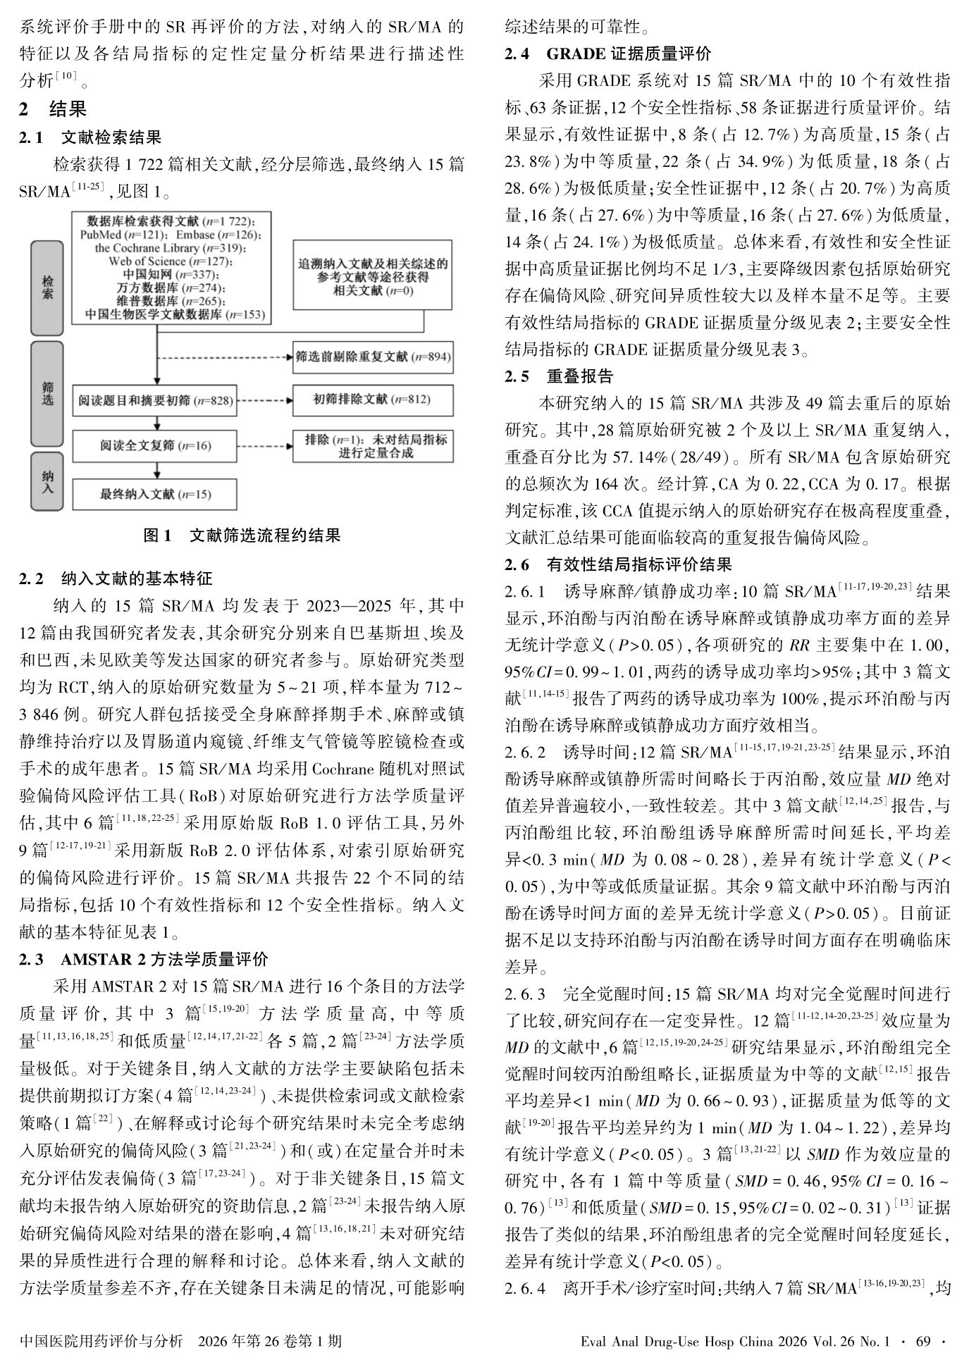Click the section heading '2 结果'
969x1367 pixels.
[53, 109]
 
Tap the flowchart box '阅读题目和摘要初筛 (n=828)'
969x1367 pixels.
[155, 400]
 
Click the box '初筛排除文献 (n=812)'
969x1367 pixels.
[372, 400]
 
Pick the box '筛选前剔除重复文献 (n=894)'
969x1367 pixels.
[373, 357]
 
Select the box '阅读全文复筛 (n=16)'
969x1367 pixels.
[155, 446]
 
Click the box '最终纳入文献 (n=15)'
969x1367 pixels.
[155, 494]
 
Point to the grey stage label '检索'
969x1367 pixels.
[47, 287]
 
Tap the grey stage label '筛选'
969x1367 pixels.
[47, 393]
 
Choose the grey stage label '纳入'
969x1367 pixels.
[47, 481]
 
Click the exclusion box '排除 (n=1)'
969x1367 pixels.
[373, 446]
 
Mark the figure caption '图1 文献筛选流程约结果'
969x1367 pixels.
[242, 536]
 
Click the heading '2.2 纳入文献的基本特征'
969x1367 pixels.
[116, 579]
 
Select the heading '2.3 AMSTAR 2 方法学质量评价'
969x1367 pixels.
[144, 959]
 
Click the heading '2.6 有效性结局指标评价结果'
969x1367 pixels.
[618, 564]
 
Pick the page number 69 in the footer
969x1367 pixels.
[923, 1342]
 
